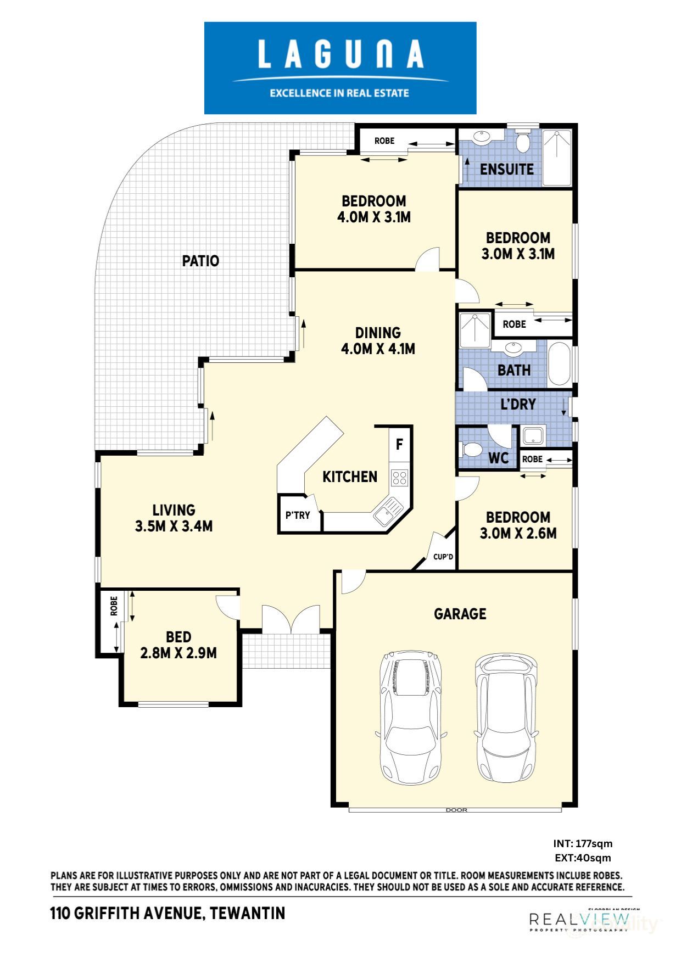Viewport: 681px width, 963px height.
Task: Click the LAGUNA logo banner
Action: (x=340, y=68)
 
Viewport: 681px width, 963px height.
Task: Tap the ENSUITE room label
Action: (x=506, y=169)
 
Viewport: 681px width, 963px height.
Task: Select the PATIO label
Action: (x=200, y=261)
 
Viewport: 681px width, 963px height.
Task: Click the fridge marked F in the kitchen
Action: (x=399, y=445)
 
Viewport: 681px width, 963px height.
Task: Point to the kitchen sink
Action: (x=388, y=512)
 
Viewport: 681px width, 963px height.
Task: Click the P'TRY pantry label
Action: (x=298, y=516)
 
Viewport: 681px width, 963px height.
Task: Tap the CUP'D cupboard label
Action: (x=443, y=557)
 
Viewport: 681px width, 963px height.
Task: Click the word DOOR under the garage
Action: (x=456, y=810)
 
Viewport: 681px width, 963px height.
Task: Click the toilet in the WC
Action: (x=470, y=450)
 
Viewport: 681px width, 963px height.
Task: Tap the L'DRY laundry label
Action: (x=518, y=405)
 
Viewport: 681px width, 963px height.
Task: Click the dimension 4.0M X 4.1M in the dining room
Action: (x=378, y=349)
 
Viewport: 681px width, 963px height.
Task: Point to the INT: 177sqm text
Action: (x=583, y=844)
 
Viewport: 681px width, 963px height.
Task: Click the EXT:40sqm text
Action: (x=583, y=858)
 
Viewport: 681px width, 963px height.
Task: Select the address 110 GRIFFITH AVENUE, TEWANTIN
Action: (x=168, y=914)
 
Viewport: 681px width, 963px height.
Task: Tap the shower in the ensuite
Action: (x=557, y=157)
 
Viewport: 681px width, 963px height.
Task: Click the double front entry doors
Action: (x=290, y=619)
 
